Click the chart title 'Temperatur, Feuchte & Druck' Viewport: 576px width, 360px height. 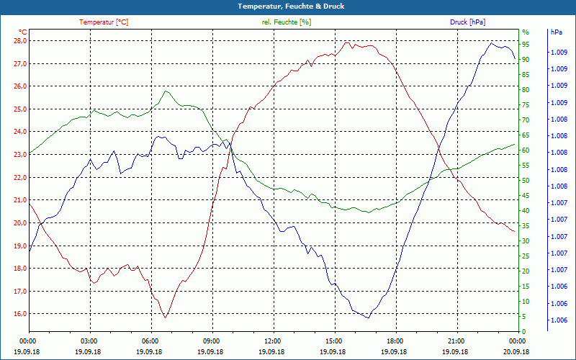point(287,6)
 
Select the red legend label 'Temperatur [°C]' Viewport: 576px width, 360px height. point(104,22)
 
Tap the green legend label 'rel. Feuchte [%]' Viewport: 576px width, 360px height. point(287,22)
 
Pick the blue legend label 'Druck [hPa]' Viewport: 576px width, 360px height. point(467,22)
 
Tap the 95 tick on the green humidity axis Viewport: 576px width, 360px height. point(526,45)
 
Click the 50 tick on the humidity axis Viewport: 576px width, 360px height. point(526,181)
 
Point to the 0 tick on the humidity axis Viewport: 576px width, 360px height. point(524,332)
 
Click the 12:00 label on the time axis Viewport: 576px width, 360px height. point(273,341)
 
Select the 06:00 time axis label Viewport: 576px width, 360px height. point(150,341)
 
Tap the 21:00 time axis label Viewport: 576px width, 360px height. point(456,341)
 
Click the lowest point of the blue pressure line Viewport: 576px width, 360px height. point(368,318)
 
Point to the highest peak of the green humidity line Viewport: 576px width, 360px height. point(166,91)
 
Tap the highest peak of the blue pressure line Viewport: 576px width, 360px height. point(492,43)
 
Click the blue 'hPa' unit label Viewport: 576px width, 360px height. point(556,32)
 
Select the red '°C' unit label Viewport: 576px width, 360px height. point(22,32)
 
